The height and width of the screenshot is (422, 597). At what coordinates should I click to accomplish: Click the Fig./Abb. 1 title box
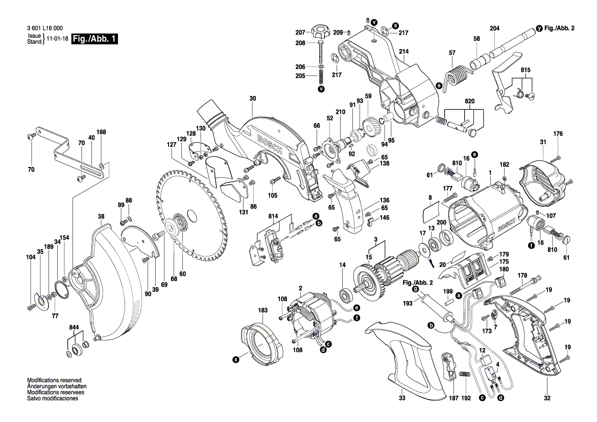(94, 39)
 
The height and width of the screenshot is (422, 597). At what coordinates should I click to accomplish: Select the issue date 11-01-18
(56, 39)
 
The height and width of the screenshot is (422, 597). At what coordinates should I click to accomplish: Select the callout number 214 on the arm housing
(403, 52)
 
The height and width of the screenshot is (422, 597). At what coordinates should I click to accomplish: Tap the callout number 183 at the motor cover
(262, 311)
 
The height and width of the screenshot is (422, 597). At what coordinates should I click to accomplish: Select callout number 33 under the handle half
(402, 398)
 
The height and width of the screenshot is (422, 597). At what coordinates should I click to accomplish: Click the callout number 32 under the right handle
(547, 398)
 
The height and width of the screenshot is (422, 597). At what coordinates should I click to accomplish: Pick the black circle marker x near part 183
(235, 360)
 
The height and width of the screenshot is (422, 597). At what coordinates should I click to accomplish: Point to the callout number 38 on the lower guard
(101, 216)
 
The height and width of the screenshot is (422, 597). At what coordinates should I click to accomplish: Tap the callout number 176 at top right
(558, 134)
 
